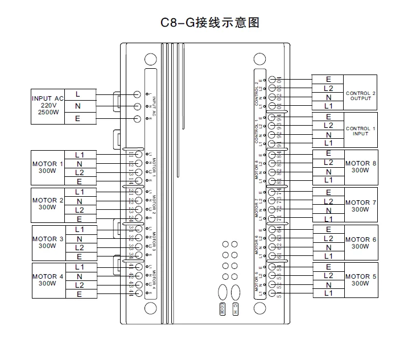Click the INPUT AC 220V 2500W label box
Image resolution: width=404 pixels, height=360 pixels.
coord(48,106)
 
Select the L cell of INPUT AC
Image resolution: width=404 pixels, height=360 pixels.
coord(77,93)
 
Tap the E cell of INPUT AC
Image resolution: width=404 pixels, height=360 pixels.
coord(77,118)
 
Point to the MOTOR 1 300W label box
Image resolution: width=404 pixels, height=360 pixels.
coord(48,168)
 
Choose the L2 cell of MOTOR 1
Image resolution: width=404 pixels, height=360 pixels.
coord(79,172)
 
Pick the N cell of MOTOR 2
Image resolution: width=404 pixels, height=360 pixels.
coord(79,201)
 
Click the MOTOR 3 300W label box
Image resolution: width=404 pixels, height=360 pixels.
coord(48,243)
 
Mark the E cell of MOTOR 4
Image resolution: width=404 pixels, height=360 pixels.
coord(79,294)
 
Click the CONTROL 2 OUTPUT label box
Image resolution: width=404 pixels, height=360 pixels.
coord(361,96)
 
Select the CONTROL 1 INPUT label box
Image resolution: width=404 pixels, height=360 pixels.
coord(361,131)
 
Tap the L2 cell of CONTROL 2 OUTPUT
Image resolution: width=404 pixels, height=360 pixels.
coord(328,88)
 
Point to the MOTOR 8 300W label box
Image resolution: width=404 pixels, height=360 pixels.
coord(361,167)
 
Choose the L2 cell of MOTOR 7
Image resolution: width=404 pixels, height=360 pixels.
coord(328,201)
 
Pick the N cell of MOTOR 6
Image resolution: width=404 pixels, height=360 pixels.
coord(328,247)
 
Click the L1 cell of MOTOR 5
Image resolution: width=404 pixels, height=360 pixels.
coord(328,293)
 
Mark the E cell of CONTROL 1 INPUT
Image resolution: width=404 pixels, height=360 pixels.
coord(328,117)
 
